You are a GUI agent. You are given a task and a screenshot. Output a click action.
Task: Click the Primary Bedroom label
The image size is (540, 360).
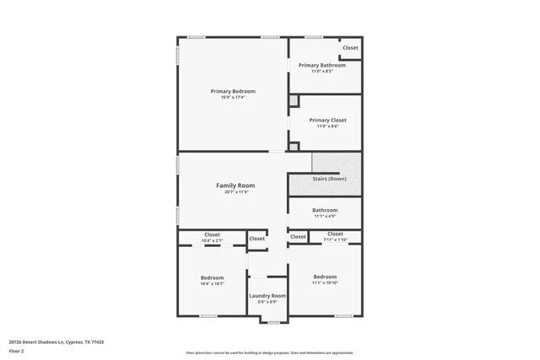point(233,91)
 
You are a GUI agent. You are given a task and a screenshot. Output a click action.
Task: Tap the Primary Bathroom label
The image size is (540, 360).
point(321,65)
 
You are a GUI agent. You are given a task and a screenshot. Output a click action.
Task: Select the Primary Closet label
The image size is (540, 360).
point(327,120)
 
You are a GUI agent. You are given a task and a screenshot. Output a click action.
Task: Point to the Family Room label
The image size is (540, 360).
point(235,185)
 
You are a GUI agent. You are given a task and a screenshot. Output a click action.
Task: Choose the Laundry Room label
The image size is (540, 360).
point(267,296)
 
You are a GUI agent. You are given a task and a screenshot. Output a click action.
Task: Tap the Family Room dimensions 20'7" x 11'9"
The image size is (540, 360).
point(235,192)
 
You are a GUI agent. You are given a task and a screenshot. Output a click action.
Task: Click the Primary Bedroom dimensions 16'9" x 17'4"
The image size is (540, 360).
point(233,98)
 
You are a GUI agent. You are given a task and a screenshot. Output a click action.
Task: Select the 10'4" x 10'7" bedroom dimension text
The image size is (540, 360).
point(212,284)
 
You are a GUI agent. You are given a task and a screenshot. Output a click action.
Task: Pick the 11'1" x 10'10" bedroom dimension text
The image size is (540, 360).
point(325,283)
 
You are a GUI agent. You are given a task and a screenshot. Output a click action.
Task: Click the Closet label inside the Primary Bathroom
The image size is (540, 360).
point(350,48)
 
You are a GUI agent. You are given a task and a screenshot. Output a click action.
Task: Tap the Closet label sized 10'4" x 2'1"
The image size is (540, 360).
point(212,234)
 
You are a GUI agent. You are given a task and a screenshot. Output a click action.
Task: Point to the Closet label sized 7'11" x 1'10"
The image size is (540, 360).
point(335,234)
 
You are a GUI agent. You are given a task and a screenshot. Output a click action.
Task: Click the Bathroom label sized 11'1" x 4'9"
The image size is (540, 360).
point(325,210)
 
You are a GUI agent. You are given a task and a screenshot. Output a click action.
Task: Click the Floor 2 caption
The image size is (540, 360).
point(16,351)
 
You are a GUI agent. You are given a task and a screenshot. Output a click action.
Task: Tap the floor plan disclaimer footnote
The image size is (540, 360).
point(269,352)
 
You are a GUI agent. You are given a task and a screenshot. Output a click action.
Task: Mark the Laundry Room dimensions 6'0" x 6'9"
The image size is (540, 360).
point(267,302)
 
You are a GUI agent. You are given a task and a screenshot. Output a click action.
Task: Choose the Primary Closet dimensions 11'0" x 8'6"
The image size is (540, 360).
point(327,126)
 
